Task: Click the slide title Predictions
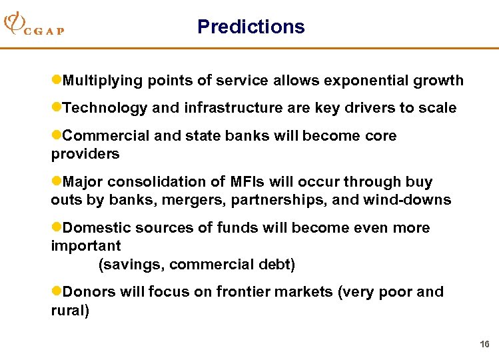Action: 250,27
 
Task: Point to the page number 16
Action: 484,344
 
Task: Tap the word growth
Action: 438,81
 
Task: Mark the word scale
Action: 437,108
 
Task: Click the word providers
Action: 85,154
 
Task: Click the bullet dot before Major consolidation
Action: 56,182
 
